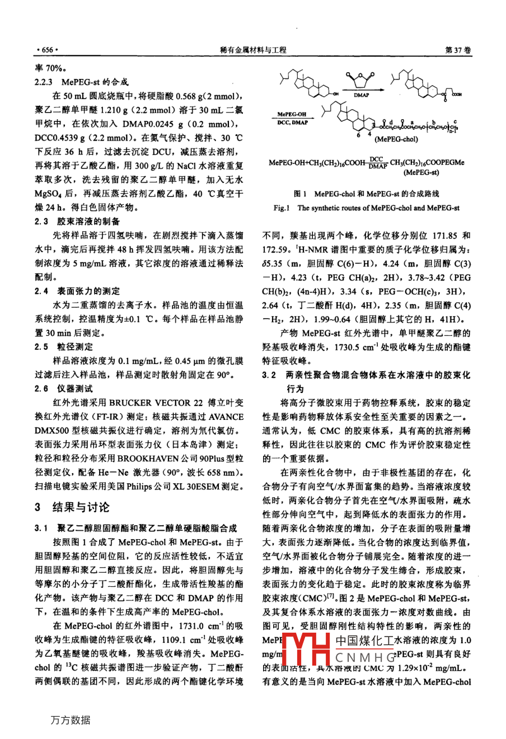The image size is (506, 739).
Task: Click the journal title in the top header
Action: [254, 50]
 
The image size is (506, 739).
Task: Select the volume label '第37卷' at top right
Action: [457, 50]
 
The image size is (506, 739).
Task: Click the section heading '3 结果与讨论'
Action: [72, 507]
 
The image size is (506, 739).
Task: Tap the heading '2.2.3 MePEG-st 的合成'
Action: [82, 81]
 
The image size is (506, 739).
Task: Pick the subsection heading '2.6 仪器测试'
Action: [64, 389]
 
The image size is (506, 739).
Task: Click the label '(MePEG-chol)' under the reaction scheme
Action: [396, 139]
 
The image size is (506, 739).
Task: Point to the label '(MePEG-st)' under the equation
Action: [421, 173]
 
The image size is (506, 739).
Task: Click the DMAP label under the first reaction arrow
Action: [361, 95]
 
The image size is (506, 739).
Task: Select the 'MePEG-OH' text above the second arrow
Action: [292, 115]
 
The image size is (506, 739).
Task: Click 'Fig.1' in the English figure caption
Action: [282, 208]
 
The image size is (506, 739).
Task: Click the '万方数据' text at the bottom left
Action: [70, 720]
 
